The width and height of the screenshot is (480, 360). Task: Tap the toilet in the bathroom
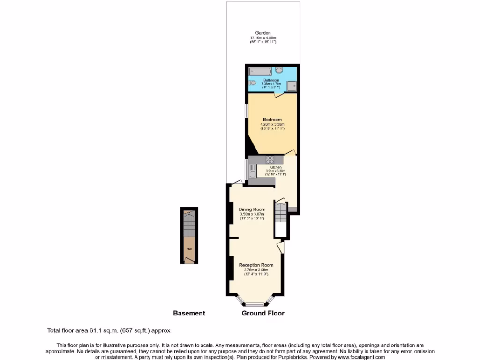(253, 83)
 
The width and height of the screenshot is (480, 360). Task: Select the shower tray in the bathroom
(292, 85)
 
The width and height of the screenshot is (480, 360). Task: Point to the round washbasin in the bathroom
(279, 70)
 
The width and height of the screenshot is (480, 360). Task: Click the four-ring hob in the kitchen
(270, 159)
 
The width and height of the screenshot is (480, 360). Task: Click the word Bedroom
(272, 120)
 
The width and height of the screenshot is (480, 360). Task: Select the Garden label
(263, 33)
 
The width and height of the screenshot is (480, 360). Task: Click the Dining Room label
(252, 210)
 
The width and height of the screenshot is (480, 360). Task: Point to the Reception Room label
(256, 265)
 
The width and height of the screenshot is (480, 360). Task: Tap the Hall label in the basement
(189, 249)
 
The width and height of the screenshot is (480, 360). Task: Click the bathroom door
(277, 95)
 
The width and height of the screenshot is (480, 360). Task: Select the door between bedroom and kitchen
(290, 153)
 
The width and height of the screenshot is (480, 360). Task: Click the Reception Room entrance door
(281, 247)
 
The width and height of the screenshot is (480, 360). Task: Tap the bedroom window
(247, 110)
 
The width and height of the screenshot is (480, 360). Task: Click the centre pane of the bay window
(256, 304)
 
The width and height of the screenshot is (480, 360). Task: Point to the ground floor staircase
(280, 213)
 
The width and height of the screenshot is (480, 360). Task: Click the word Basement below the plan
(189, 313)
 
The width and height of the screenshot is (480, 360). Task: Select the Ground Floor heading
(263, 313)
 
